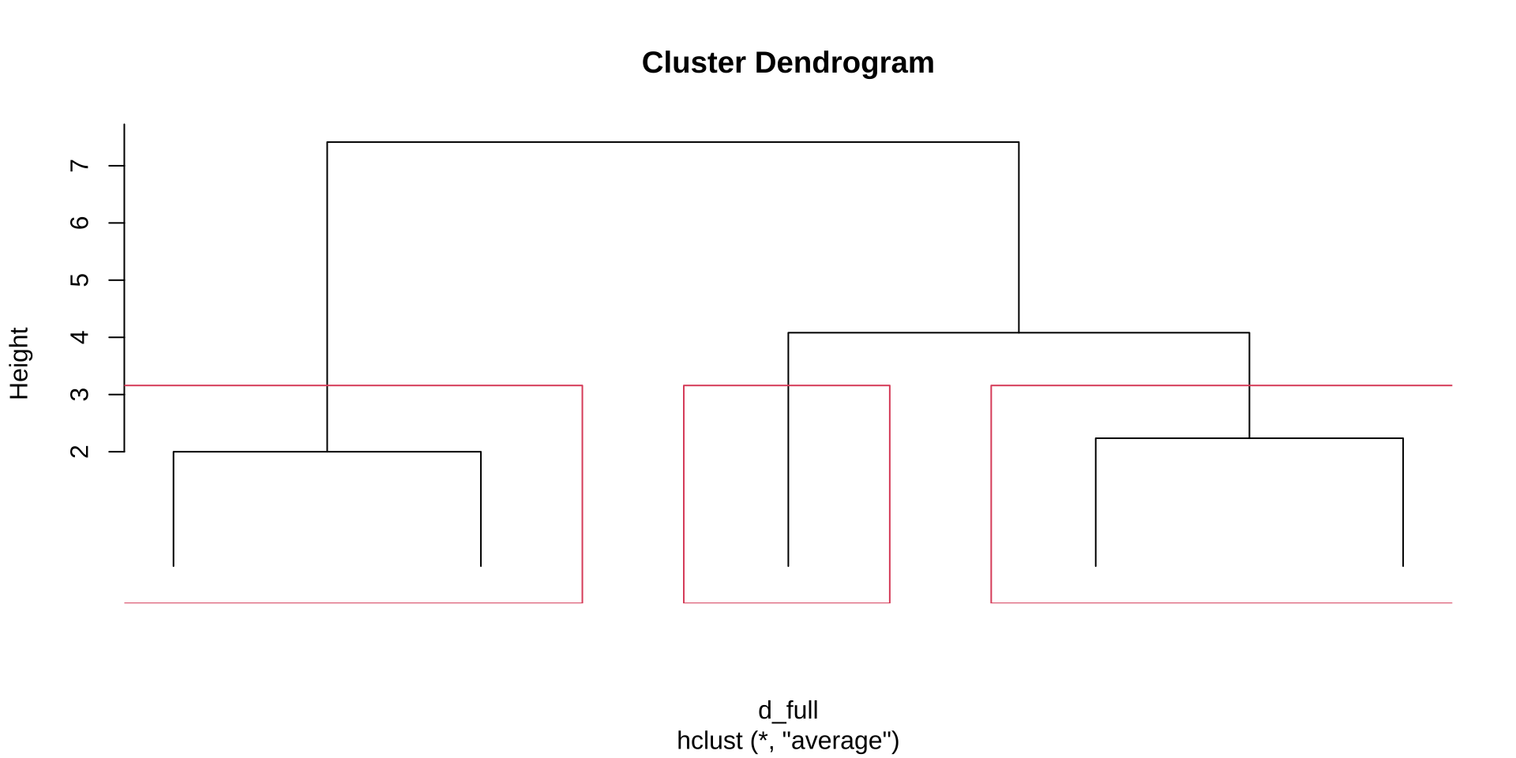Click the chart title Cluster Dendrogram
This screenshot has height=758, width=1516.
coord(788,63)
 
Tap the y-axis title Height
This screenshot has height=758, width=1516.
coord(19,363)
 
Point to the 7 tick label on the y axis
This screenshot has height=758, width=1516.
coord(80,166)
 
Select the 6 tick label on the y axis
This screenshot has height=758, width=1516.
coord(80,223)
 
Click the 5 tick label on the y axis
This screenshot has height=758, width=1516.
coord(80,280)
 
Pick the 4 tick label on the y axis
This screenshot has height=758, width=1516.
coord(80,337)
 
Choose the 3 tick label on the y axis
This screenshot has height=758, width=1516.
coord(80,394)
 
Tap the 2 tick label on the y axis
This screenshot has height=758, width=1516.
coord(80,452)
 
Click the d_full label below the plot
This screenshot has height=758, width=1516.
coord(788,711)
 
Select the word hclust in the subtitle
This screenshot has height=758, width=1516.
coord(710,741)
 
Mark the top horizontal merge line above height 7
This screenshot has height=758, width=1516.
coord(673,142)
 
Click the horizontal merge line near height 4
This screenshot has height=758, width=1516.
coord(1019,332)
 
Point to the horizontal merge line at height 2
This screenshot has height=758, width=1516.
coord(327,452)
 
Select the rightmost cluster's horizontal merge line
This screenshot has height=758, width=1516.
coord(1249,438)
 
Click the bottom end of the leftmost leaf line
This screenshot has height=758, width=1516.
coord(174,566)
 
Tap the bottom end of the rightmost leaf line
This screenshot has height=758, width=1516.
coord(1403,566)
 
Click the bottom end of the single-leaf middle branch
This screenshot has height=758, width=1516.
coord(788,566)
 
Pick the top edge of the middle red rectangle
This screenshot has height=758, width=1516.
coord(786,385)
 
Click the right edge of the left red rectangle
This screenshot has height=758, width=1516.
coord(583,494)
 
